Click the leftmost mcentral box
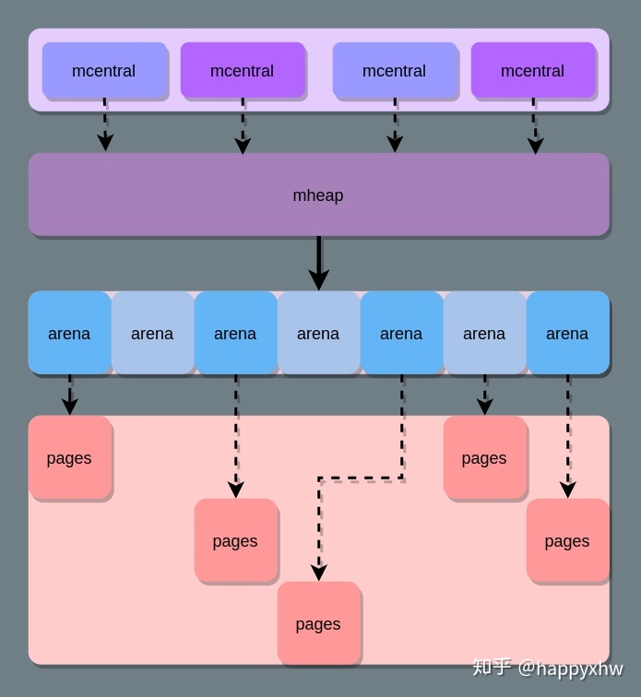[x=104, y=71]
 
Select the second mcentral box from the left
[x=242, y=71]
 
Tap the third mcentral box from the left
[x=394, y=71]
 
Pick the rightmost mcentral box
[x=532, y=71]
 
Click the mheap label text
[x=318, y=195]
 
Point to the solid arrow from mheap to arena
[x=318, y=262]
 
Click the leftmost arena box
[x=69, y=333]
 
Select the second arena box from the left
[x=152, y=333]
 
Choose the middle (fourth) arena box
[x=318, y=333]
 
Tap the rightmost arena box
[x=567, y=333]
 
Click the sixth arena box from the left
[x=484, y=333]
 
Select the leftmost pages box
[x=69, y=458]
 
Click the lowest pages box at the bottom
[x=318, y=624]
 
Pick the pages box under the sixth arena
[x=484, y=458]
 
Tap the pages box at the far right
[x=567, y=541]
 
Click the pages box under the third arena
[x=235, y=541]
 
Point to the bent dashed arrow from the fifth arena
[x=360, y=478]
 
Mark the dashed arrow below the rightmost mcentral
[x=534, y=126]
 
